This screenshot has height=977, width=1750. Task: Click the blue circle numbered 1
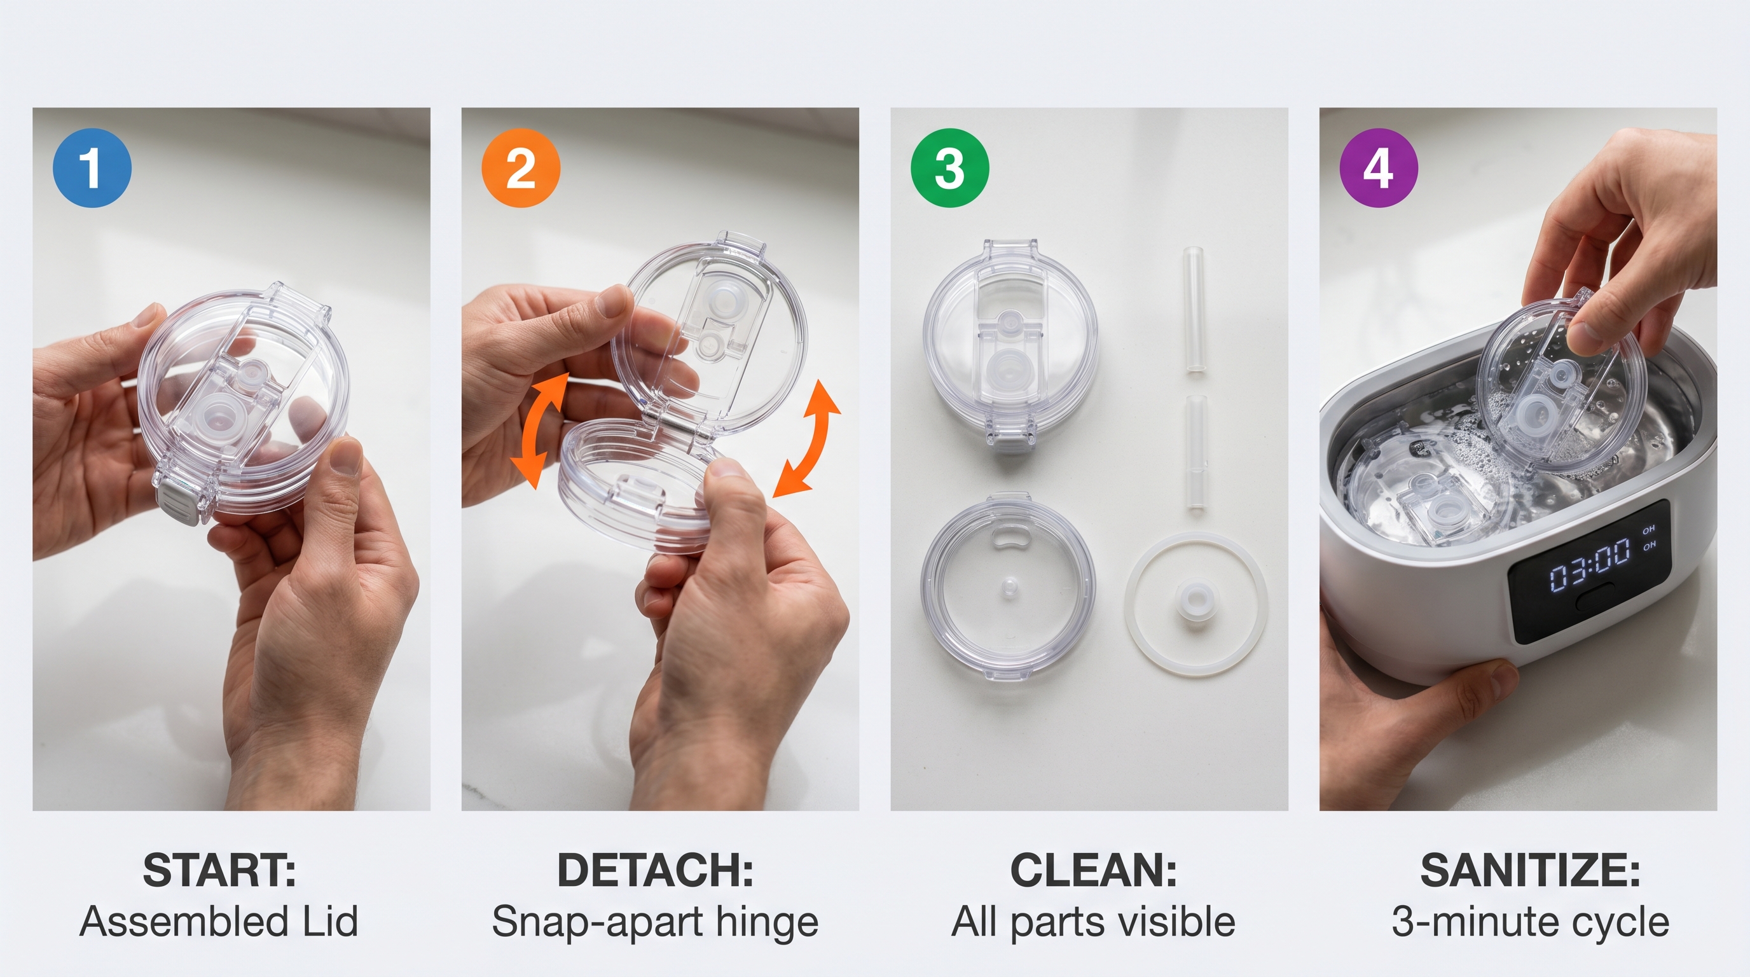(x=92, y=167)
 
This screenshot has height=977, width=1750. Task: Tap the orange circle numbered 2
(x=521, y=167)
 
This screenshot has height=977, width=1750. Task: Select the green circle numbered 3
(x=950, y=167)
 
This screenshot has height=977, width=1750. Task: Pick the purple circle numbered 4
(x=1379, y=167)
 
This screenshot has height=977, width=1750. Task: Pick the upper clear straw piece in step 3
(x=1195, y=309)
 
